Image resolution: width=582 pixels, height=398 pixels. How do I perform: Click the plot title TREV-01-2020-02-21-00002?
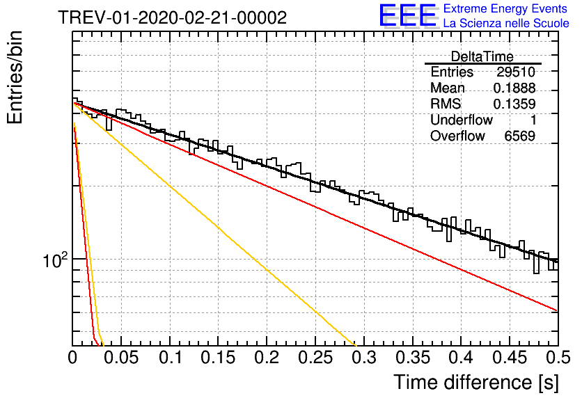[x=173, y=17]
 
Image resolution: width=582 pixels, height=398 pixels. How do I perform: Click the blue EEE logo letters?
[x=407, y=15]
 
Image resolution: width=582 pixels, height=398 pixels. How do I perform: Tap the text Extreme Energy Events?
[x=505, y=8]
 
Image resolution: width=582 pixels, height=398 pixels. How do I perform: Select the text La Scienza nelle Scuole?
[x=506, y=23]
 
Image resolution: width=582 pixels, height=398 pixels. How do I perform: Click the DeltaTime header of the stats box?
[x=482, y=56]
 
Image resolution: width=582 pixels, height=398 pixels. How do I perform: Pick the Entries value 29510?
[x=516, y=72]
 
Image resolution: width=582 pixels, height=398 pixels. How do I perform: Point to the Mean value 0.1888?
[x=514, y=88]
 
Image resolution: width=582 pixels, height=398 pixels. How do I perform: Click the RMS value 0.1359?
[x=514, y=104]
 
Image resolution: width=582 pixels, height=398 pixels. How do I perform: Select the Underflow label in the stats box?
[x=462, y=120]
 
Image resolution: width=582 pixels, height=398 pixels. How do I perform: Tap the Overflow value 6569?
[x=519, y=136]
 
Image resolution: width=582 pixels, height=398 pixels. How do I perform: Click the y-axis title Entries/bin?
[x=15, y=77]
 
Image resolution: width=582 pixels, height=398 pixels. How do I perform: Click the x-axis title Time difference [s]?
[x=476, y=382]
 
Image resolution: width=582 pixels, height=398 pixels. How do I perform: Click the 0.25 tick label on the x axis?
[x=315, y=358]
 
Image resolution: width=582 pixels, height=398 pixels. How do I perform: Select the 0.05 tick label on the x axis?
[x=121, y=358]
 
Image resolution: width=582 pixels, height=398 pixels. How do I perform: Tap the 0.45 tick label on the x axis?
[x=510, y=358]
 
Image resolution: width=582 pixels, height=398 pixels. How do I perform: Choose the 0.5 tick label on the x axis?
[x=558, y=358]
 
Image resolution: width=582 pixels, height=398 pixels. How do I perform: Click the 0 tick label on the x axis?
[x=72, y=358]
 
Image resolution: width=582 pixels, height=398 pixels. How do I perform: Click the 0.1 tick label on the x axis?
[x=171, y=358]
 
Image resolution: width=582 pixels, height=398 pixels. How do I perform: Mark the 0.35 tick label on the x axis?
[x=412, y=358]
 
